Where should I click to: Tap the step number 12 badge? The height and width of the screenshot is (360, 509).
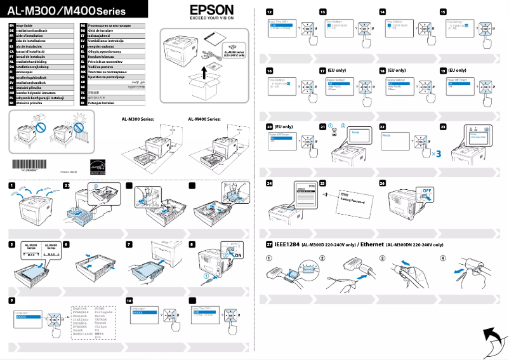tap(270, 12)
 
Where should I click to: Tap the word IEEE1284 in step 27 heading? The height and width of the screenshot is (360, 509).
tap(287, 244)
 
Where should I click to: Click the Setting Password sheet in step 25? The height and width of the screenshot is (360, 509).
tap(355, 199)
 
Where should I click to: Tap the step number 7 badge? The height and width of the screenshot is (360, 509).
tap(129, 244)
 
